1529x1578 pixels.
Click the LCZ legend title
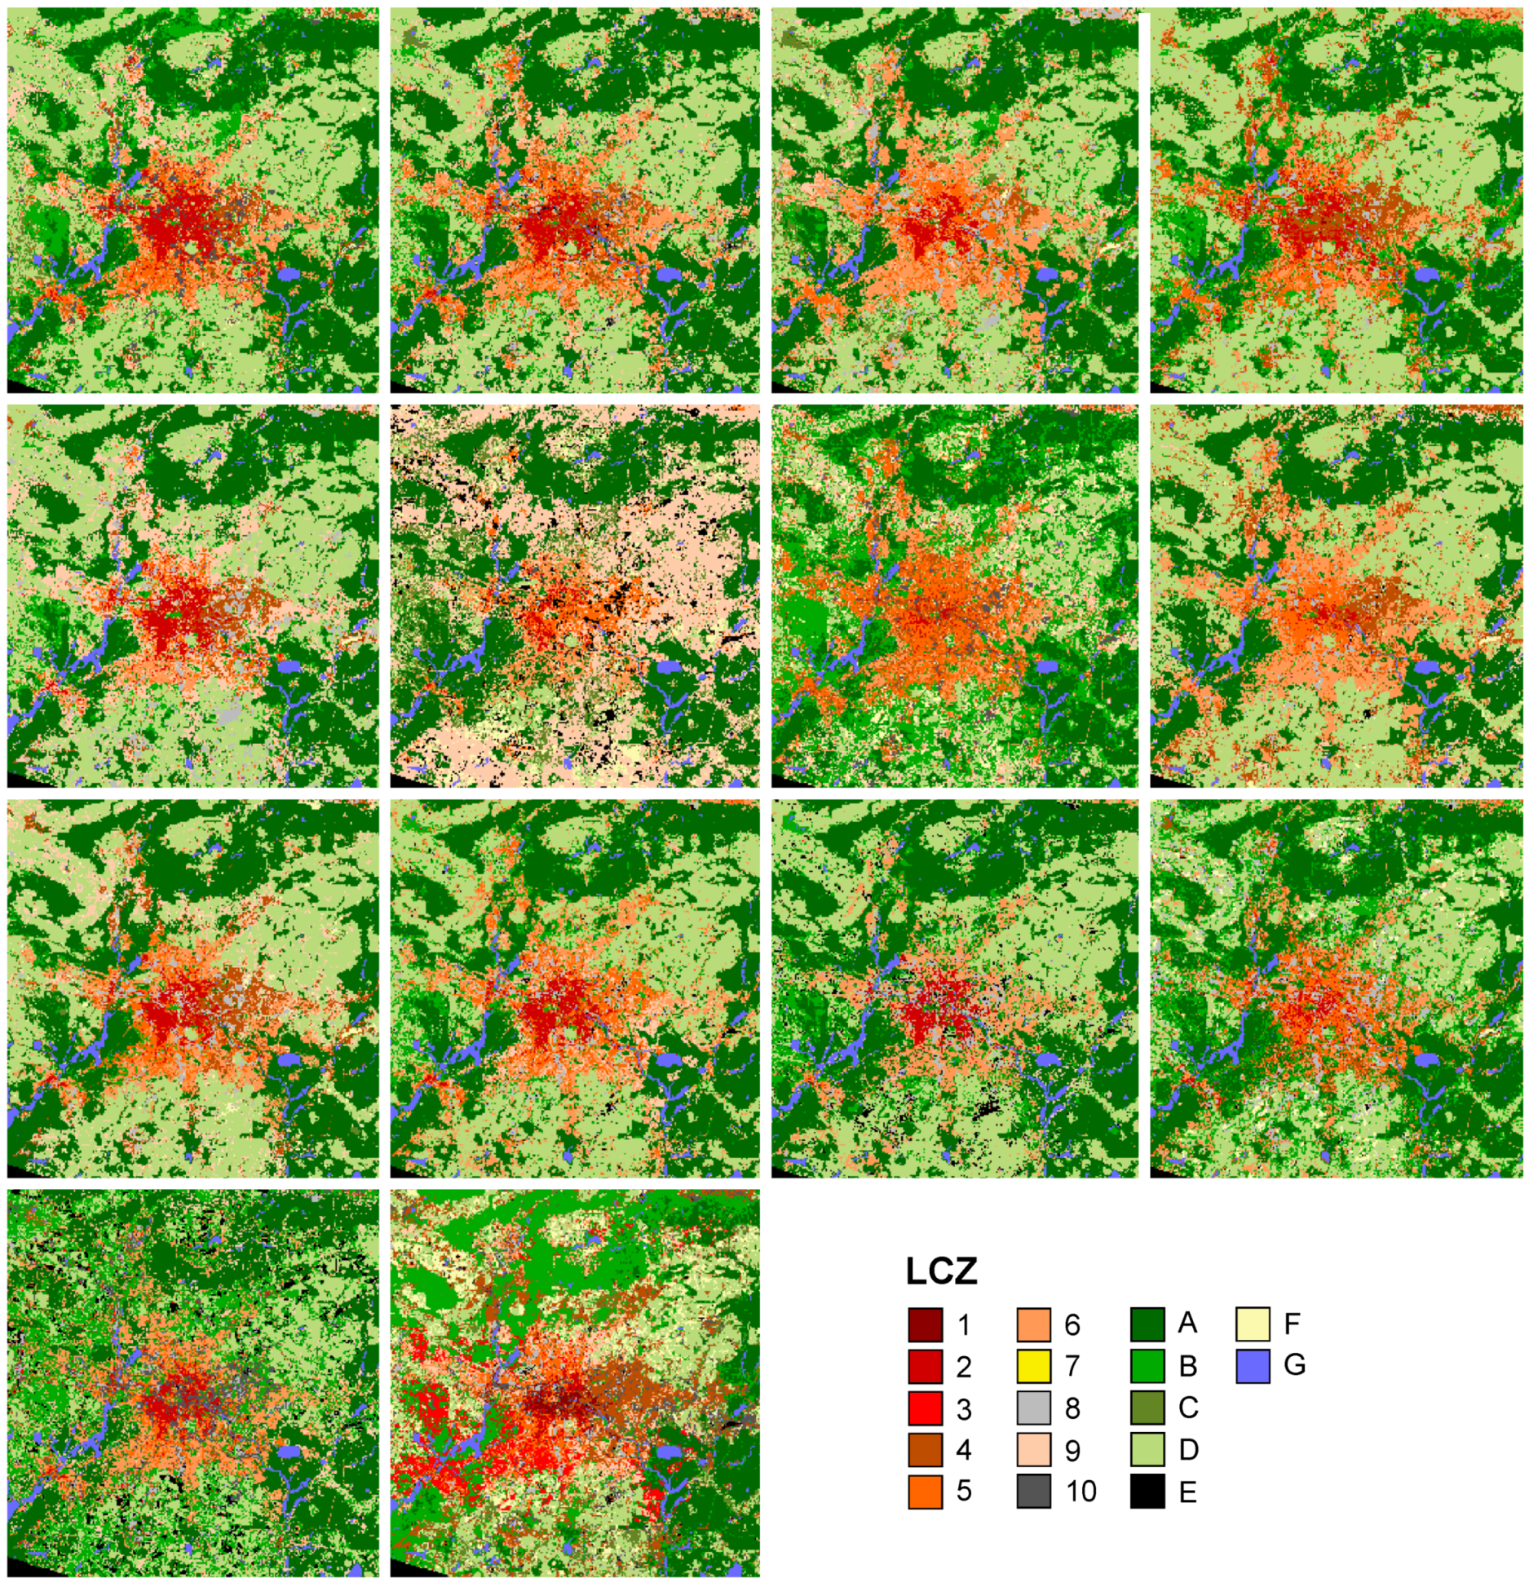click(941, 1271)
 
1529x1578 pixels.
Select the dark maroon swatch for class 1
click(925, 1325)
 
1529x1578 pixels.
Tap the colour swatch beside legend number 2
click(925, 1367)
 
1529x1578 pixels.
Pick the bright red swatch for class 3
click(925, 1408)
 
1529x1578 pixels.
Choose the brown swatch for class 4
click(925, 1450)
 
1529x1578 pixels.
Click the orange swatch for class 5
click(925, 1492)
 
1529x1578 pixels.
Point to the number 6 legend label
click(1072, 1325)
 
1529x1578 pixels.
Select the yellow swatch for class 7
click(1034, 1367)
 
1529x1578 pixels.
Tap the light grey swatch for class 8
click(1034, 1408)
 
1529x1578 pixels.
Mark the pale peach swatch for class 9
click(1034, 1450)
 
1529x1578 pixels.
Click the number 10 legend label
click(1080, 1492)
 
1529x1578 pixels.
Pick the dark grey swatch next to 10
click(1034, 1492)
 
